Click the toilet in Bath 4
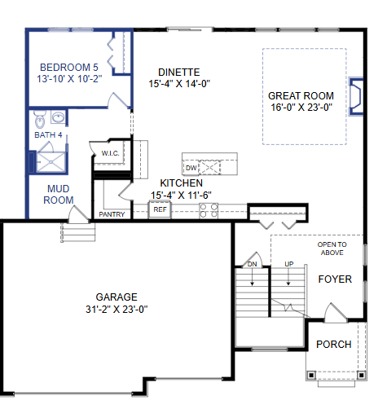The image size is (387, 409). pos(40,119)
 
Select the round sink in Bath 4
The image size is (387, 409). pos(58,117)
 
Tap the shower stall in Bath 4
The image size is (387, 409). pos(51,162)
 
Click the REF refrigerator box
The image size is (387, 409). pos(160,209)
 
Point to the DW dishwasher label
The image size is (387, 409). pos(191,168)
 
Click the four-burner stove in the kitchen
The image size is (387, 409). pos(209,210)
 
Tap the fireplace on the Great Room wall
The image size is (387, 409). pos(356,96)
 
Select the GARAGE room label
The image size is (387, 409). pos(117,297)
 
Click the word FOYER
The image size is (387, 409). pos(335,279)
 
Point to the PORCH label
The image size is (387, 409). pos(334,344)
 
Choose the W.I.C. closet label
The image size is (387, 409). pos(110,153)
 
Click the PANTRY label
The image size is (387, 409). pos(112,214)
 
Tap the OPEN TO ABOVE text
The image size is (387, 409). pos(332,248)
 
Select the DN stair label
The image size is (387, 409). pos(252,264)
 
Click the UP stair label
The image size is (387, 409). pos(289,264)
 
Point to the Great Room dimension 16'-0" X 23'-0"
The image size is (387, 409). pos(301,108)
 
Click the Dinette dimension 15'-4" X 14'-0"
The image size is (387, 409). pos(179,83)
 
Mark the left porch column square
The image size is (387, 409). pos(311,376)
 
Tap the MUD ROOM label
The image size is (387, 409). pos(59,194)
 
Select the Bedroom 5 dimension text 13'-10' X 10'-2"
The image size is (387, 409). pos(69,79)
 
